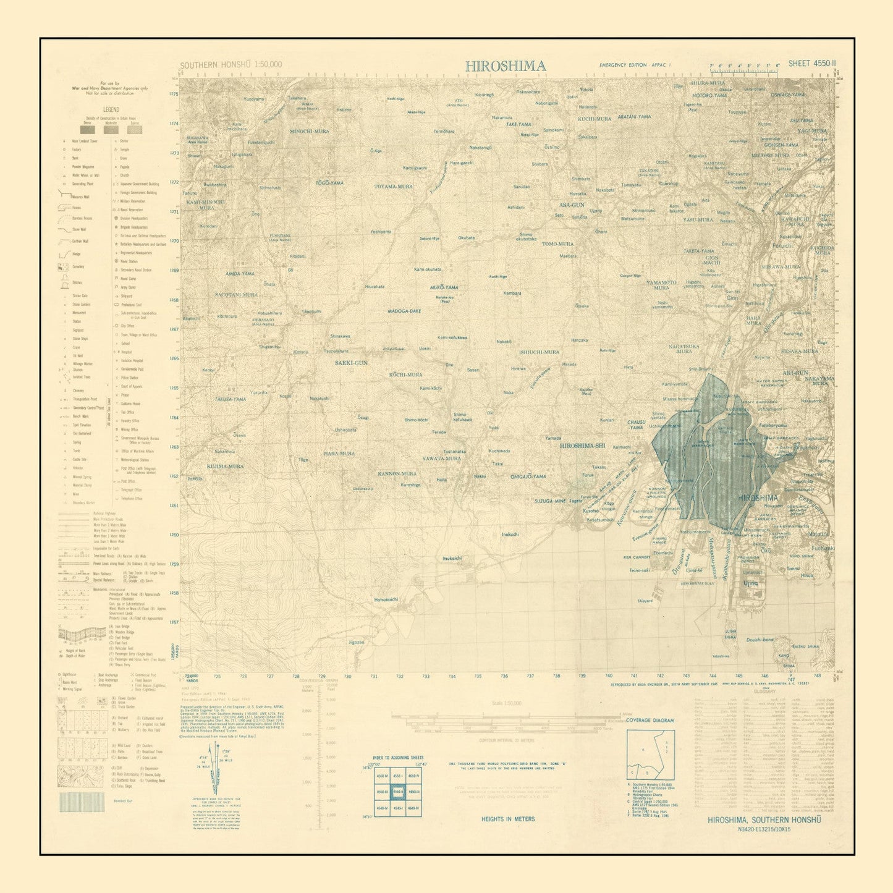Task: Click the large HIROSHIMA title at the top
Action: (505, 66)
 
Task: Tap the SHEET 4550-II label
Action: (812, 63)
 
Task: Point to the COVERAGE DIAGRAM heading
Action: (650, 721)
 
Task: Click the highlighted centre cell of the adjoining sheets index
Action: (397, 792)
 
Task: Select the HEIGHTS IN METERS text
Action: (508, 819)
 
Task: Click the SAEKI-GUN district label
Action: (351, 363)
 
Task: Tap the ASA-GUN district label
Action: (572, 205)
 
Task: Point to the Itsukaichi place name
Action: (452, 558)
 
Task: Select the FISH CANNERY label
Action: (637, 557)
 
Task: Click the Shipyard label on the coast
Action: (645, 601)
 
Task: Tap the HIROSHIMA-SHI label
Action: (582, 446)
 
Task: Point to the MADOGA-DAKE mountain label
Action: (404, 311)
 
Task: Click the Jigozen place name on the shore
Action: (357, 642)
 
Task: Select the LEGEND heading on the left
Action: (111, 109)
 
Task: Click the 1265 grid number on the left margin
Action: (174, 388)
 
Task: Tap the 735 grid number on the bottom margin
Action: (478, 676)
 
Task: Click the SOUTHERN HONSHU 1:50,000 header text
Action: (231, 64)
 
